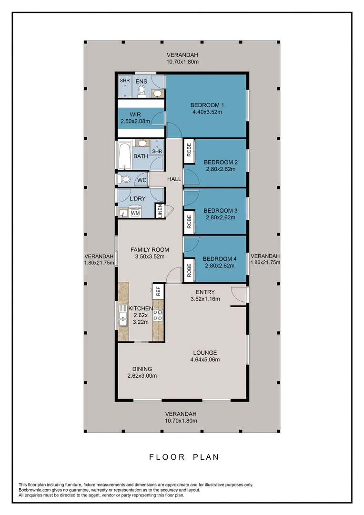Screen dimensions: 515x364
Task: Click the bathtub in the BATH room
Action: [125, 156]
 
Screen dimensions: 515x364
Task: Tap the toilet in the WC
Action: [125, 180]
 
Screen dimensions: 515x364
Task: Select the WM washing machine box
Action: [135, 213]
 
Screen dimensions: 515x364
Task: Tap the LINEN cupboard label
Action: [161, 211]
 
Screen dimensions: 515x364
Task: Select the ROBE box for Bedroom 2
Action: [189, 150]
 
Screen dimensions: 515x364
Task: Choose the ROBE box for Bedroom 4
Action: [189, 270]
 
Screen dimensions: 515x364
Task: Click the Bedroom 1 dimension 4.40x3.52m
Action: [207, 112]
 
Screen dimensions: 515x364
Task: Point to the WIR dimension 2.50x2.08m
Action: [135, 121]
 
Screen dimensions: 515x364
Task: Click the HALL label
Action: [174, 179]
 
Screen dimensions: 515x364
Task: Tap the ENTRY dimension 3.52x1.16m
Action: [205, 299]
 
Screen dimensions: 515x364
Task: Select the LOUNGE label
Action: [206, 353]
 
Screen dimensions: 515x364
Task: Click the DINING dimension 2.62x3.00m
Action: [142, 376]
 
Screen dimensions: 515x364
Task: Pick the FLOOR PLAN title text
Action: [184, 457]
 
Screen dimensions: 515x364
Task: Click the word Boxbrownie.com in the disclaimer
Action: [34, 490]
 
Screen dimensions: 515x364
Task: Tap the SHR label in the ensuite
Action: [124, 81]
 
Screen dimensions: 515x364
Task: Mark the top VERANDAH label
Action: [182, 54]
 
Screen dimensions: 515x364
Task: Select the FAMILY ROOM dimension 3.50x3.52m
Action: [150, 256]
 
